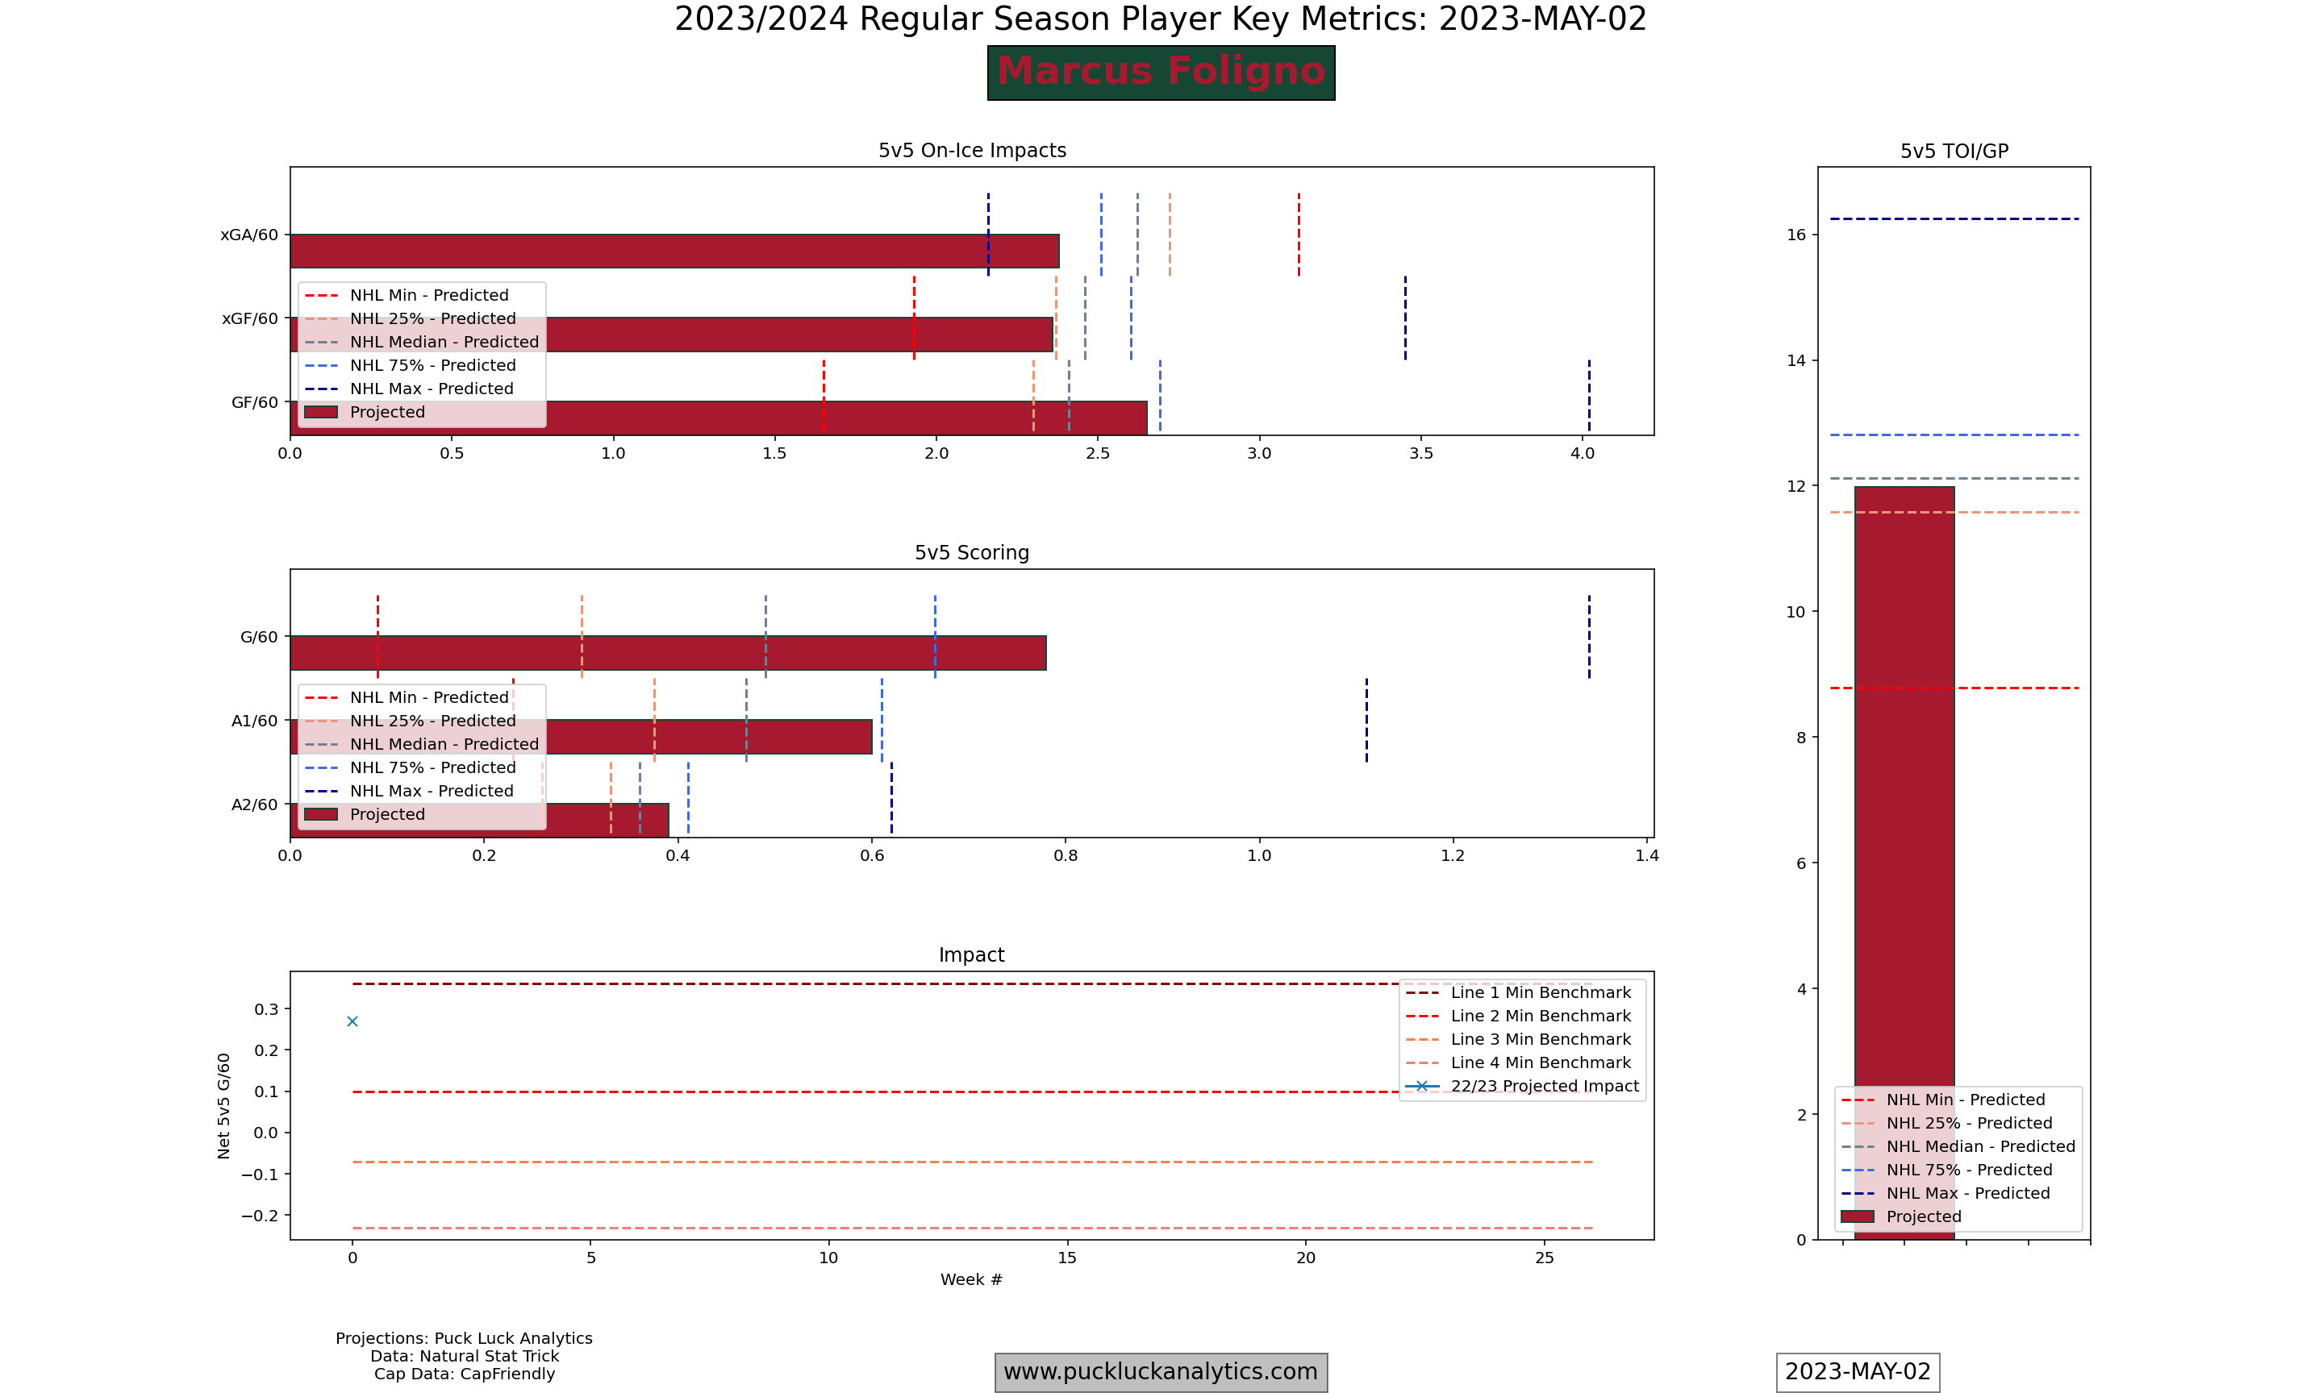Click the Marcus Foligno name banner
1161,73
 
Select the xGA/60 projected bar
674,252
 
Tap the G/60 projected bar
668,653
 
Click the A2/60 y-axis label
254,805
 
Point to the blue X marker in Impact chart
352,1021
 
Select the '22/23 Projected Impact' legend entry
1544,1086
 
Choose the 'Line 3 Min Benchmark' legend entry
1540,1039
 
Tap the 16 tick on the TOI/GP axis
1795,235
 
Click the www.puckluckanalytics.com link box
1161,1371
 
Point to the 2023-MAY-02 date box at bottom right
1858,1371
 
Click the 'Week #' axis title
971,1279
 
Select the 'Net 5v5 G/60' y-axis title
223,1106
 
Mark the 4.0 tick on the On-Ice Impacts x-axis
1583,453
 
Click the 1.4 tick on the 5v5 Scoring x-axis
1647,856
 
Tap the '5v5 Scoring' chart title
971,553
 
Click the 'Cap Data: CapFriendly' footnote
464,1374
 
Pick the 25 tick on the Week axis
1544,1258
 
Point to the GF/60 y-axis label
254,403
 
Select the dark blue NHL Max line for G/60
1589,636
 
